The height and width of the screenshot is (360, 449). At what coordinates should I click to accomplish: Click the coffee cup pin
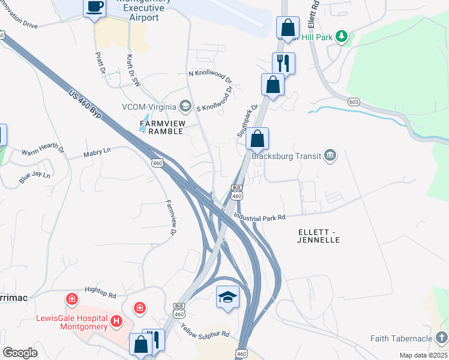click(x=94, y=8)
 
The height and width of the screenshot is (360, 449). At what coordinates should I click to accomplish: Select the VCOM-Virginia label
click(x=149, y=106)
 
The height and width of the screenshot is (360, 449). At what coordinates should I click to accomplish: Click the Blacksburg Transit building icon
click(x=330, y=156)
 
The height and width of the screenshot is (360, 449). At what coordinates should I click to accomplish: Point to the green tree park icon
click(x=342, y=37)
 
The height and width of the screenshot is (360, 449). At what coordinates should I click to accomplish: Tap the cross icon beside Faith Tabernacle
click(x=442, y=337)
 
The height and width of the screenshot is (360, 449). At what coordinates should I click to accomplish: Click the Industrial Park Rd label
click(x=259, y=217)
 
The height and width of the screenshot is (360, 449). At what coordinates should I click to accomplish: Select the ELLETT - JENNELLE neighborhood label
click(x=319, y=235)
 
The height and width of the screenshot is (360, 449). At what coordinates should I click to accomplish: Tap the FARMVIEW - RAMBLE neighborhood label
click(x=160, y=127)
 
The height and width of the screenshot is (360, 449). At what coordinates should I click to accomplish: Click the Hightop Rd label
click(x=100, y=292)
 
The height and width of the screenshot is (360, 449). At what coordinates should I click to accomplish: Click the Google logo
click(x=20, y=353)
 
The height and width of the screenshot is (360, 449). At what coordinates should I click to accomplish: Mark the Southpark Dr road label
click(x=247, y=121)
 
